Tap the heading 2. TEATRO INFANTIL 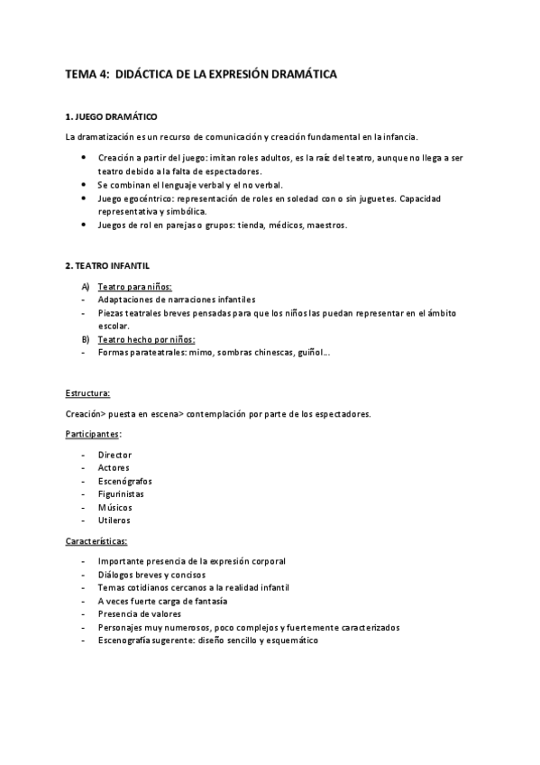[x=108, y=266]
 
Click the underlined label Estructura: [x=88, y=394]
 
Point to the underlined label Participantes [x=92, y=434]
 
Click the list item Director [x=114, y=455]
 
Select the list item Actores [x=114, y=467]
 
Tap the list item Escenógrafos [x=124, y=481]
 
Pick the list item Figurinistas [x=121, y=493]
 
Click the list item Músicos [x=114, y=507]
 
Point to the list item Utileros [x=114, y=521]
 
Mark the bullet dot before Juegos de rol [x=84, y=225]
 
